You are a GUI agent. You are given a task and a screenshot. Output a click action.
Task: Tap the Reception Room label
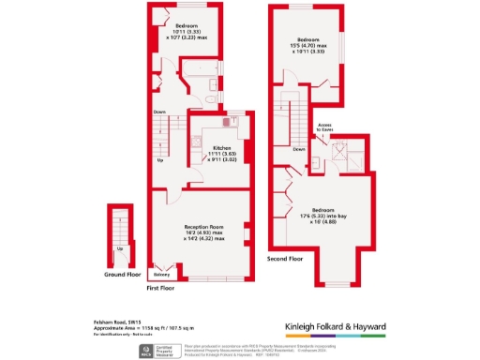pyautogui.click(x=203, y=226)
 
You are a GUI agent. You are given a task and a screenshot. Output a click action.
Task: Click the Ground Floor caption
pyautogui.click(x=122, y=276)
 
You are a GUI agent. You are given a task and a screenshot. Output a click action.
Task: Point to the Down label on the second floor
pyautogui.click(x=298, y=149)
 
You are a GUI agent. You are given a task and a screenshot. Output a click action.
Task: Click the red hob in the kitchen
pyautogui.click(x=226, y=120)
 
